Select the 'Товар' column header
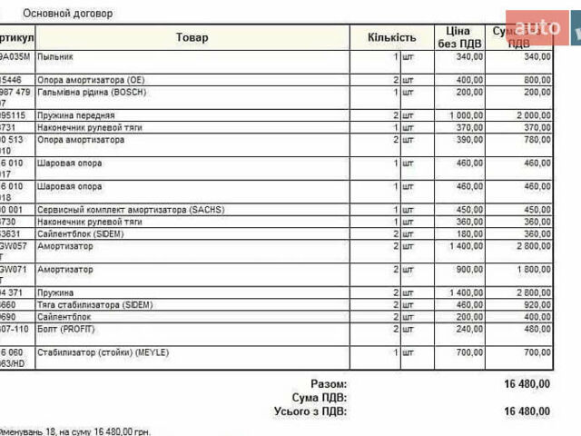[x=192, y=37]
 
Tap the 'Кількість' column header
[x=391, y=37]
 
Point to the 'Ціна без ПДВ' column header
[x=458, y=37]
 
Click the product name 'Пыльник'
[x=55, y=56]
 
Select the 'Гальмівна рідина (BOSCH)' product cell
[x=91, y=92]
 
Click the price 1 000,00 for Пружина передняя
[x=466, y=116]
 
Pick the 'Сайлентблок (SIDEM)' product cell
[x=81, y=233]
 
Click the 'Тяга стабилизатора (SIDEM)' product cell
[x=94, y=305]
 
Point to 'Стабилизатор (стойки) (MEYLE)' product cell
[x=103, y=352]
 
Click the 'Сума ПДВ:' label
[x=319, y=398]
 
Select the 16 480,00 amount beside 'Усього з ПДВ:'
[x=527, y=411]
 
